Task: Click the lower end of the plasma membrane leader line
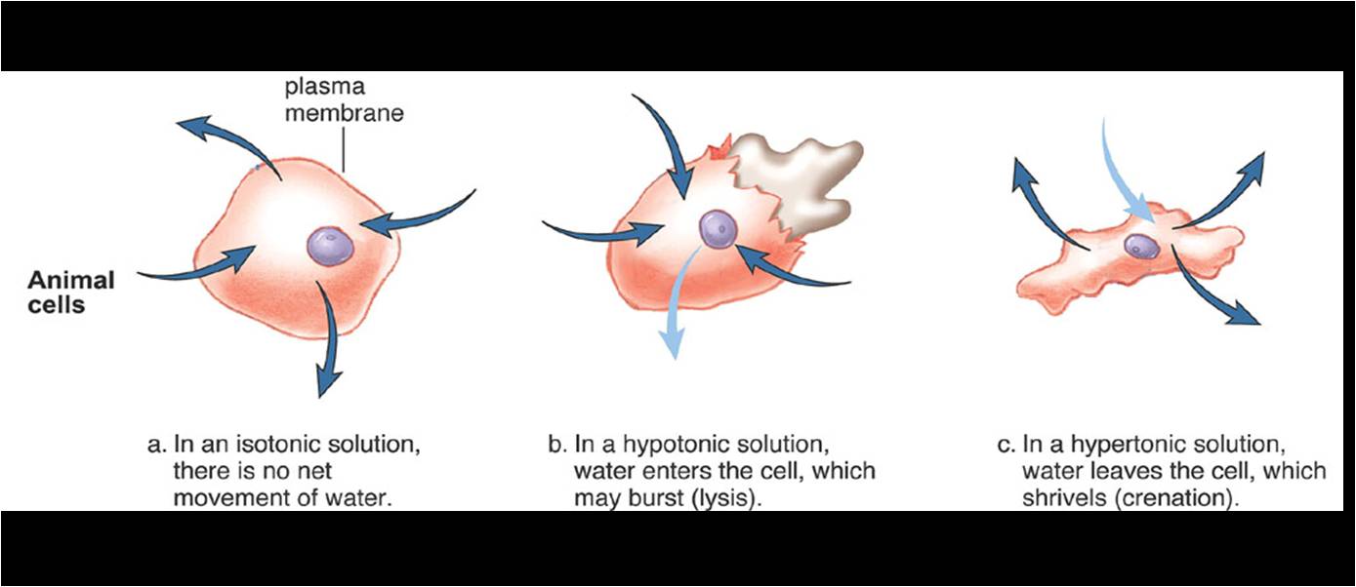click(x=344, y=172)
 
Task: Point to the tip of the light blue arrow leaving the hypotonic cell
click(x=676, y=359)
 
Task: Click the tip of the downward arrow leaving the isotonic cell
click(x=319, y=396)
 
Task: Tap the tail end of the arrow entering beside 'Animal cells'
click(x=138, y=274)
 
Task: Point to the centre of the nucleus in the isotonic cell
click(x=330, y=246)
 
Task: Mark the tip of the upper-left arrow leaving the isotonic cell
click(x=178, y=123)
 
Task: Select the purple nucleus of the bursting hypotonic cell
click(x=718, y=229)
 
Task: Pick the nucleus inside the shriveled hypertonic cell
click(x=1141, y=246)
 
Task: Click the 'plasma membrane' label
click(x=344, y=99)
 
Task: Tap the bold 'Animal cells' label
click(x=71, y=292)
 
